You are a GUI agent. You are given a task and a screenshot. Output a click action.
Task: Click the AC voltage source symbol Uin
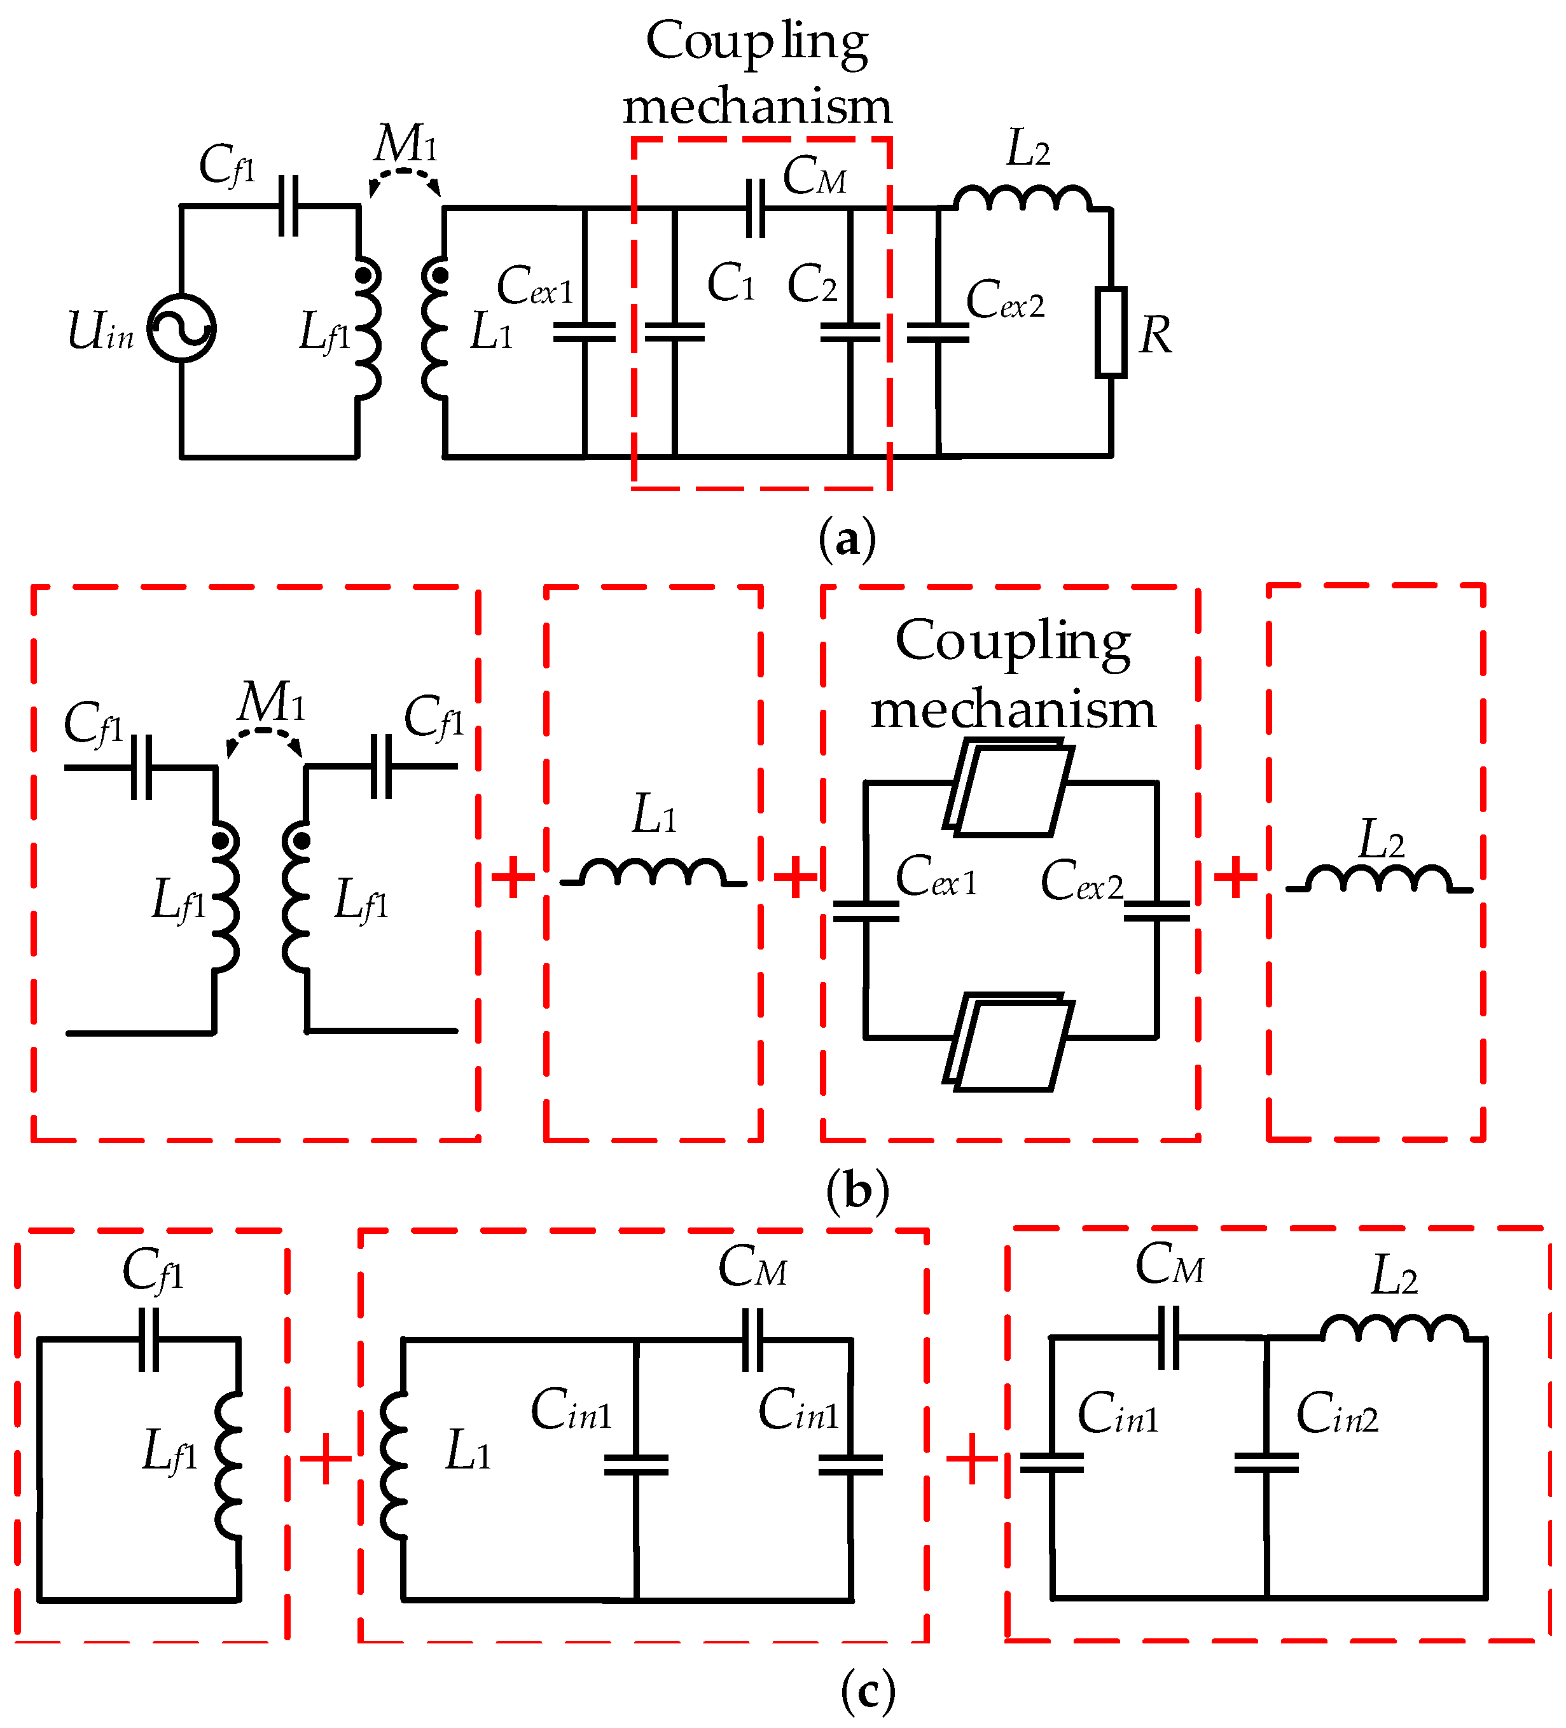point(181,328)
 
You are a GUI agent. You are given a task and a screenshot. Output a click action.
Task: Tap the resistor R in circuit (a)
point(1110,332)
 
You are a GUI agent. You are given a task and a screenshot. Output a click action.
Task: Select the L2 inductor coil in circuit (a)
point(1023,199)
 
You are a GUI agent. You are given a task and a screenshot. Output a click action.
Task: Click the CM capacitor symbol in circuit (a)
point(755,208)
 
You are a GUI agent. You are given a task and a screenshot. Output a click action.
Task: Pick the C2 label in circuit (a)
point(812,284)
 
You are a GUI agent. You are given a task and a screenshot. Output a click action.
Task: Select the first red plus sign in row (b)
point(513,877)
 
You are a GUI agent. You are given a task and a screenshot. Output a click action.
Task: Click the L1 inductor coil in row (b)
point(653,873)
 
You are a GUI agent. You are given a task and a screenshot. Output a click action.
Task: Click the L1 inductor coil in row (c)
point(394,1466)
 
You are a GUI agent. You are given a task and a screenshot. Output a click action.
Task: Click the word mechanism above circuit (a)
point(758,107)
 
